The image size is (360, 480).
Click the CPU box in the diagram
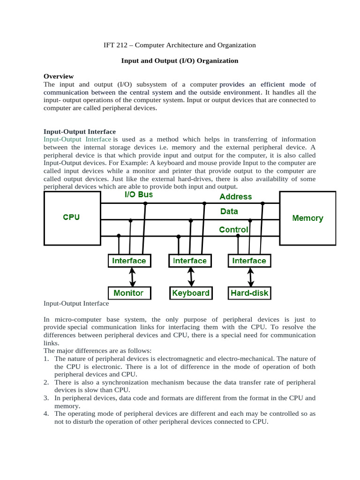71,217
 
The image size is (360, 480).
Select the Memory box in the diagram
307,218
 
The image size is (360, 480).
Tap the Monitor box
128,293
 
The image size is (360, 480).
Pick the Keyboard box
191,293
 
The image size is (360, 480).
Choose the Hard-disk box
249,293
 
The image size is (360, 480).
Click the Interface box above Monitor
129,261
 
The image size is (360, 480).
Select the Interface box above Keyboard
190,261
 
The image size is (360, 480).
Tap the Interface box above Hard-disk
249,261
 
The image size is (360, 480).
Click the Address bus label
235,197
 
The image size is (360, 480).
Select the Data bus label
229,212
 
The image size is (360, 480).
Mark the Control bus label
233,230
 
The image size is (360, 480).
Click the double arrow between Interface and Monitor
133,277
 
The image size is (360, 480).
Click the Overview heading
59,76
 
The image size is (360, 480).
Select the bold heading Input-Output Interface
80,132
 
